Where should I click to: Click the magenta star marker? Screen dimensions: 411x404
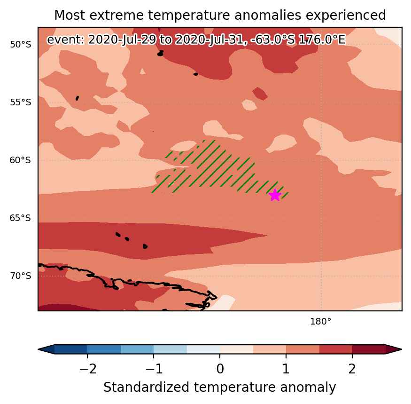(275, 195)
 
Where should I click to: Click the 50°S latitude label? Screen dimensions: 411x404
(21, 44)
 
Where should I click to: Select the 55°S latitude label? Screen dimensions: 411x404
(21, 102)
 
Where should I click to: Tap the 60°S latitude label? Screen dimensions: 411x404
(21, 160)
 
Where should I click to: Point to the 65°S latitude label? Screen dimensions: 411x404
(21, 218)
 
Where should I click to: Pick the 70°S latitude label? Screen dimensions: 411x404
(21, 276)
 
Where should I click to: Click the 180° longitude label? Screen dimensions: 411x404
(320, 321)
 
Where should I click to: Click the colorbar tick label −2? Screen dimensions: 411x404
(88, 369)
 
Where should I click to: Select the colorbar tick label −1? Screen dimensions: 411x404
(154, 369)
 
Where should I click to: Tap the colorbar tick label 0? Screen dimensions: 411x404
(220, 369)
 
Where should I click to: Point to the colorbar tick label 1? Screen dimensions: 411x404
(286, 369)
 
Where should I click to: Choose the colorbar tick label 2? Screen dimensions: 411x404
(352, 369)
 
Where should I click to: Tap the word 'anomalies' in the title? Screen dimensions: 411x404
(268, 15)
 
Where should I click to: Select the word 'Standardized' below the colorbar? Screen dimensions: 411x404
(146, 387)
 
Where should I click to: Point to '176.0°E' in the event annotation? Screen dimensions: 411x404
(322, 40)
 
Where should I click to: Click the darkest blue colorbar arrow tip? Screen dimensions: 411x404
(39, 349)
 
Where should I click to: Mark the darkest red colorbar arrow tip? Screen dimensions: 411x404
(401, 349)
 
